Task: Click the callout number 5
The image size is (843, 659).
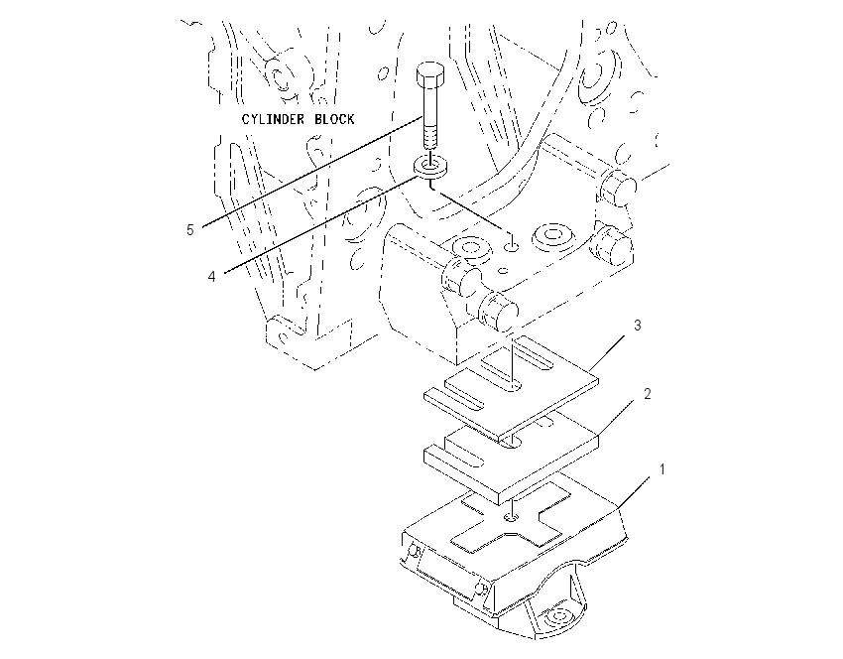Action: pyautogui.click(x=189, y=229)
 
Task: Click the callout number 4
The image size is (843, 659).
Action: pyautogui.click(x=212, y=276)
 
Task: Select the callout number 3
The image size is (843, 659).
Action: pyautogui.click(x=638, y=325)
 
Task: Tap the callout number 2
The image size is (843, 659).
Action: pyautogui.click(x=648, y=394)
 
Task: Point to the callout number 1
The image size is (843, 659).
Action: pyautogui.click(x=662, y=469)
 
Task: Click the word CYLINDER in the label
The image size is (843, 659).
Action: pyautogui.click(x=273, y=119)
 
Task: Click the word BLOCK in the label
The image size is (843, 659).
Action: pyautogui.click(x=334, y=119)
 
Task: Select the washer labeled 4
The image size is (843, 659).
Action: pyautogui.click(x=430, y=168)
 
